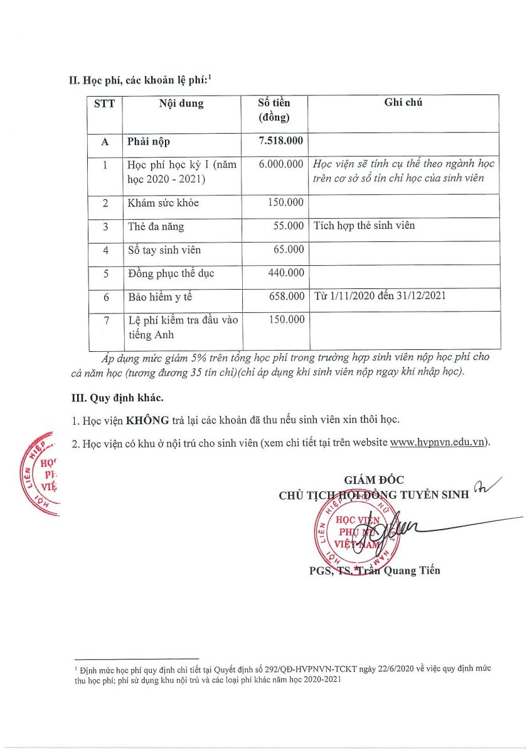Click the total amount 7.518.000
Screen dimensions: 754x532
click(280, 141)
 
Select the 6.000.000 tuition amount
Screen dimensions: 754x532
click(281, 164)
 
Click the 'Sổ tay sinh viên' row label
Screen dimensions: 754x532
click(164, 250)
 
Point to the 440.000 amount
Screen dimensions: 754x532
click(286, 273)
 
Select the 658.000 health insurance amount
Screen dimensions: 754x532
click(286, 296)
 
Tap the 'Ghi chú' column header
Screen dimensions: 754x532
click(403, 102)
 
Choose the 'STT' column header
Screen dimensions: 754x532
click(104, 104)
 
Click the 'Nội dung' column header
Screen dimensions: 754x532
click(181, 104)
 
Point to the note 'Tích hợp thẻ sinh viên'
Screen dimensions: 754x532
click(364, 226)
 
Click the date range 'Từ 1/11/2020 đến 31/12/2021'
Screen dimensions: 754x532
click(380, 296)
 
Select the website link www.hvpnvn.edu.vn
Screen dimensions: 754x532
click(438, 442)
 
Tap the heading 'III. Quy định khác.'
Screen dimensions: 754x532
click(116, 398)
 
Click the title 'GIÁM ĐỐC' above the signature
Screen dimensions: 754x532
click(370, 481)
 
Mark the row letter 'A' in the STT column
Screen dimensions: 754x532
click(105, 142)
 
